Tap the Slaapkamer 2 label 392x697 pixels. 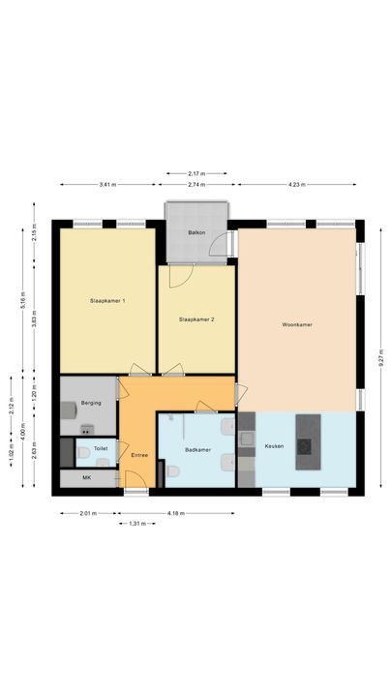(x=197, y=319)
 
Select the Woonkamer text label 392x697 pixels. (x=296, y=324)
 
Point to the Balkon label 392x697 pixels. (x=196, y=233)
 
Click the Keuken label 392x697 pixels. (x=275, y=445)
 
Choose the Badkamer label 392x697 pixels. (x=197, y=449)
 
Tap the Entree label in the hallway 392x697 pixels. (x=138, y=453)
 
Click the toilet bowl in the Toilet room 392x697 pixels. (x=84, y=452)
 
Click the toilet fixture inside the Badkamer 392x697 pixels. (x=171, y=471)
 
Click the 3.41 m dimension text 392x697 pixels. (x=108, y=183)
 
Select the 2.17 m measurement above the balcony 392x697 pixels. (x=196, y=174)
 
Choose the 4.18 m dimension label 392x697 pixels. (x=175, y=513)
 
